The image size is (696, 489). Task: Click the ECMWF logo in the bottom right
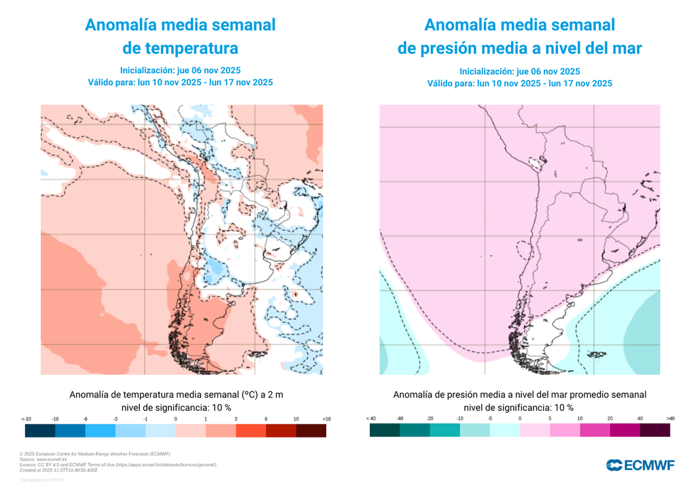coord(640,465)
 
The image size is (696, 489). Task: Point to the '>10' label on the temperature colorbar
coord(326,419)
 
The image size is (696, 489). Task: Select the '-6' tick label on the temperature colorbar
coord(85,419)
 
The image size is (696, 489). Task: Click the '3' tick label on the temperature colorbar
coord(235,419)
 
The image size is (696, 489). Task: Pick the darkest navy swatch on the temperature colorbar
coord(39,431)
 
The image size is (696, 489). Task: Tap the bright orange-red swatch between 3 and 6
coord(250,431)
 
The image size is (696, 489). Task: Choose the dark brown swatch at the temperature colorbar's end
coord(311,431)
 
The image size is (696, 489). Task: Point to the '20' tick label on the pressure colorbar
coord(610,418)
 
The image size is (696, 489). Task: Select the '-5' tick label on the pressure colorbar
coord(490,418)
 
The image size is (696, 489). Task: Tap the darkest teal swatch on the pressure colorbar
coord(385,431)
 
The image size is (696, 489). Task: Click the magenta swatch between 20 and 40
coord(625,431)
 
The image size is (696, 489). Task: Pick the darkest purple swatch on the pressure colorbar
coord(655,431)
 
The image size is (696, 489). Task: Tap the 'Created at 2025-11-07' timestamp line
coord(59,469)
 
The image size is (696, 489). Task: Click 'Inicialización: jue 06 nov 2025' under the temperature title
coord(180,70)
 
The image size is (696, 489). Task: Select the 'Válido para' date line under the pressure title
coord(519,84)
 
